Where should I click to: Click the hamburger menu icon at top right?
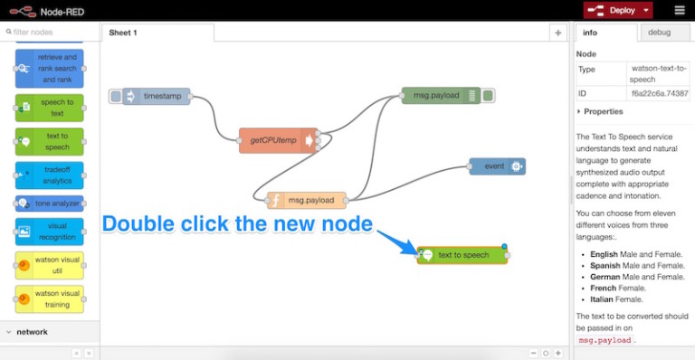pyautogui.click(x=680, y=10)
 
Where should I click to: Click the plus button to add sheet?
pyautogui.click(x=557, y=33)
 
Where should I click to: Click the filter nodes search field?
pyautogui.click(x=52, y=32)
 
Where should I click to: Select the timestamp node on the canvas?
pyautogui.click(x=158, y=96)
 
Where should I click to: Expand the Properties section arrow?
pyautogui.click(x=579, y=111)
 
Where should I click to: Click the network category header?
pyautogui.click(x=32, y=332)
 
